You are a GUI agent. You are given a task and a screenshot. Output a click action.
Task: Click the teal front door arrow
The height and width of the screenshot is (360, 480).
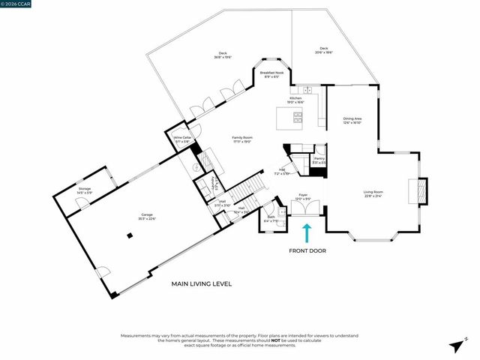tap(306, 232)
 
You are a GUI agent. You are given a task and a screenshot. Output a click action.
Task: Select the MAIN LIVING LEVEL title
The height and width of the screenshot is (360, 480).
tap(202, 284)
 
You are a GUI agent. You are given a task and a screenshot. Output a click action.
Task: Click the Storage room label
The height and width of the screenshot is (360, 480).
tap(84, 191)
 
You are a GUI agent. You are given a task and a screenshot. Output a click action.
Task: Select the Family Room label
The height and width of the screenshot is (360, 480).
tap(241, 139)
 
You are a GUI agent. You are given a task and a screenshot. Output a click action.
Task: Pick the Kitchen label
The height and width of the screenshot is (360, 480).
tap(296, 100)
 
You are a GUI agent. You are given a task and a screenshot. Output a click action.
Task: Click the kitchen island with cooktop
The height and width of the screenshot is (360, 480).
tap(290, 118)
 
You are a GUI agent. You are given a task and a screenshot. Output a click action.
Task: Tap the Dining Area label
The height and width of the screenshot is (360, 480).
tap(352, 119)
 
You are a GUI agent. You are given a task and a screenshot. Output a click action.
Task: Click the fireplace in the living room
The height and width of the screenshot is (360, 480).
tap(421, 190)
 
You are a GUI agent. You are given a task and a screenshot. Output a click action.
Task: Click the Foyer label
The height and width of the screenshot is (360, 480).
tap(303, 196)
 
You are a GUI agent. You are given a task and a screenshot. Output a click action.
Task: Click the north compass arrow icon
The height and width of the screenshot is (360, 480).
tap(456, 345)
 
